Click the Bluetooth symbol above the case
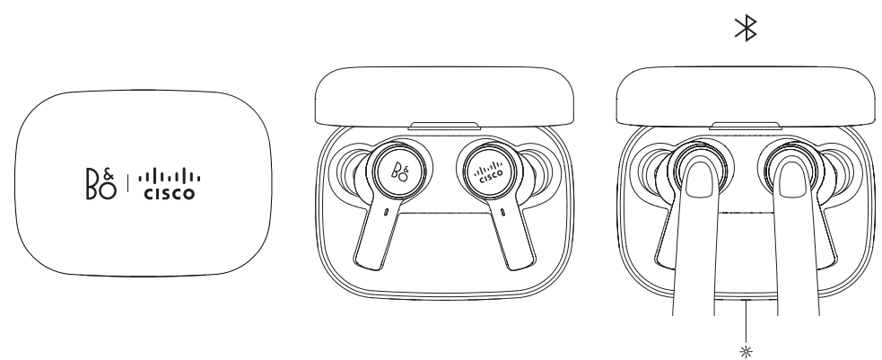pos(746,28)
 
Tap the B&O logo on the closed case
pos(101,183)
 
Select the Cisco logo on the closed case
pos(170,184)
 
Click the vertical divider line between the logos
pos(127,183)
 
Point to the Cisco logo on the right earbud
pos(489,171)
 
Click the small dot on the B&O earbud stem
pos(387,213)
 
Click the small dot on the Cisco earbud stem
pos(502,213)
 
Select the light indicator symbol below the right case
pos(746,353)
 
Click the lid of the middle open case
pos(444,96)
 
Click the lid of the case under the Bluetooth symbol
pos(746,96)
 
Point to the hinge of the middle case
pos(444,126)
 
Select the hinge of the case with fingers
pos(746,126)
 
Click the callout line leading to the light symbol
pos(746,322)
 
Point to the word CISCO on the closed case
pos(170,193)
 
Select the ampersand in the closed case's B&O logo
pos(109,175)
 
